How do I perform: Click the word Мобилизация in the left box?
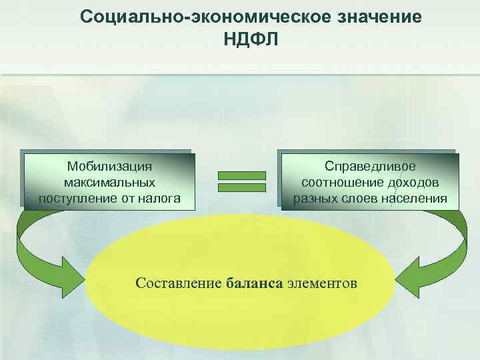point(110,165)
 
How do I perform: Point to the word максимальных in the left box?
point(110,181)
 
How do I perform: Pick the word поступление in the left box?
point(72,198)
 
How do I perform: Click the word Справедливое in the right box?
point(370,165)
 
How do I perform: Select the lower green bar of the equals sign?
point(242,187)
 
